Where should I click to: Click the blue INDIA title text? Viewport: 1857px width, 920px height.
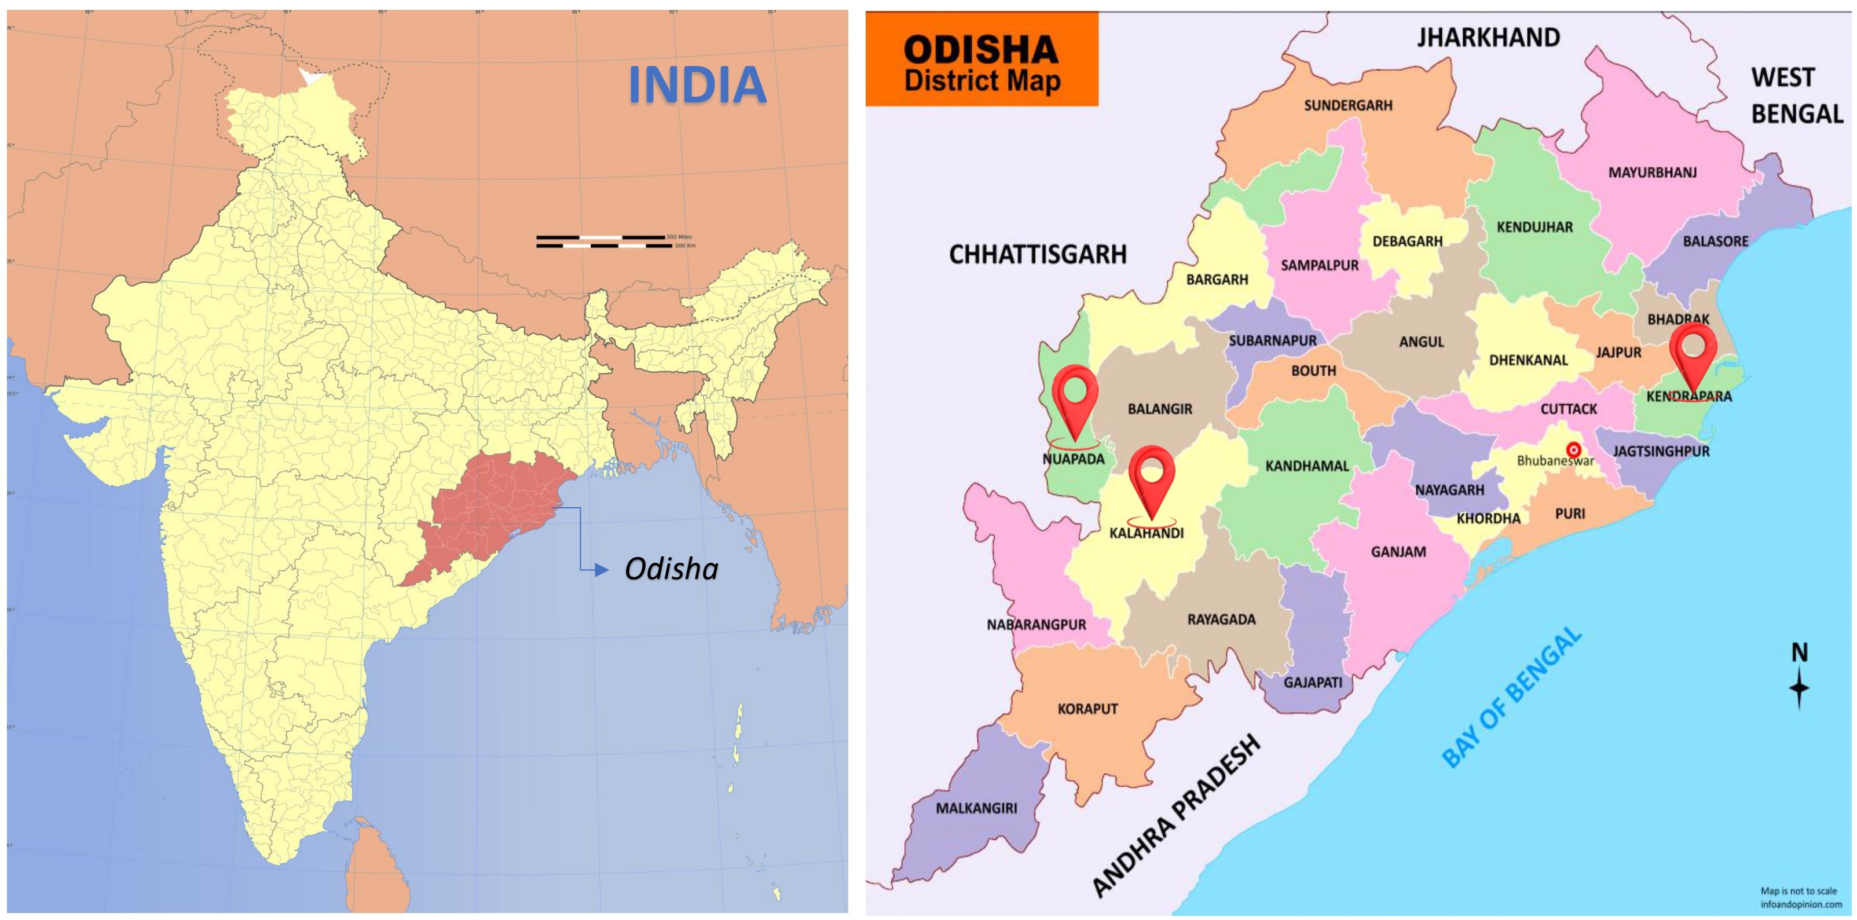697,85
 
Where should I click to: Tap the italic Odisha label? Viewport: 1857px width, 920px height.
671,569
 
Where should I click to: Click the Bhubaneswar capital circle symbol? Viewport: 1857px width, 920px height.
1574,449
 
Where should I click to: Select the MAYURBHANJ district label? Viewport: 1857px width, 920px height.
1652,173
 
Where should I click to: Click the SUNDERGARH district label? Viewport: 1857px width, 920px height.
1348,105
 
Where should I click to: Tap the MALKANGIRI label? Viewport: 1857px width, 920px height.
976,808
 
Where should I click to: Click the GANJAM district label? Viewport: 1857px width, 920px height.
1398,552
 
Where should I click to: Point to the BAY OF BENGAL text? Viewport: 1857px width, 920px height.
1512,697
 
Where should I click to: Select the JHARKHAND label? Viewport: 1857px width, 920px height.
1488,38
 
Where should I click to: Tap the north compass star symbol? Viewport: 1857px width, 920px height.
1799,687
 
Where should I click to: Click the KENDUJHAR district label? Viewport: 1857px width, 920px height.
1535,227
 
